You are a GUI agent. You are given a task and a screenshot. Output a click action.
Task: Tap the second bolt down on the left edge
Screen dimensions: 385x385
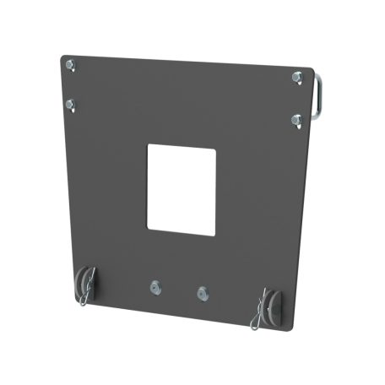point(73,105)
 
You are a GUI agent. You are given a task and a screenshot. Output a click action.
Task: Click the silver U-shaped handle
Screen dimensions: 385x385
point(320,97)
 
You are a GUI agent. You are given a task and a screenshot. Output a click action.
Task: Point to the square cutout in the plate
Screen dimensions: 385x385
point(182,187)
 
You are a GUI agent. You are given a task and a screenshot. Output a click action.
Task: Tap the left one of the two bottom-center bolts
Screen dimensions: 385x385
point(154,287)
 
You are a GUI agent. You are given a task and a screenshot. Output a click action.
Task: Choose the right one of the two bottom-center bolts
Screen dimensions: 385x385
point(201,292)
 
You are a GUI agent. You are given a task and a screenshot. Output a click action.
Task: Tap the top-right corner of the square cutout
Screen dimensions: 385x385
point(216,149)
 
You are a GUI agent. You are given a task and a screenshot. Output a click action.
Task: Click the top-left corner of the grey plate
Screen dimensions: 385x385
point(65,57)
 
